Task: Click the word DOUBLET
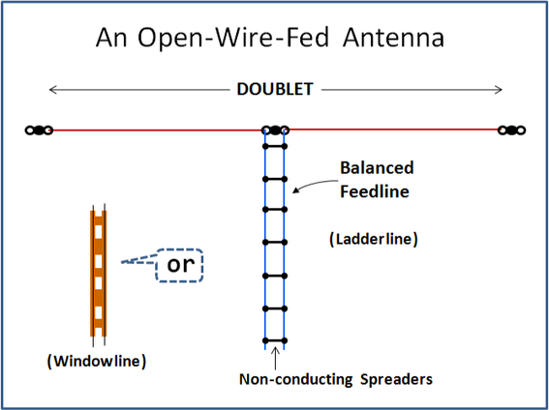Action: [x=275, y=89]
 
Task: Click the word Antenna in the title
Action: [x=393, y=38]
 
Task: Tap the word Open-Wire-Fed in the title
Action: [x=232, y=39]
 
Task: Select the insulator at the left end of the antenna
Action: [x=39, y=131]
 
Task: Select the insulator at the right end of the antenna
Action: [x=511, y=131]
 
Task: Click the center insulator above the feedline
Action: [x=275, y=131]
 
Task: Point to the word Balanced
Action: [x=377, y=168]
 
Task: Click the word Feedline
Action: [x=375, y=191]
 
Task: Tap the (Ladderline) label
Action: [x=374, y=239]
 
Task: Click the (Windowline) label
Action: [x=97, y=361]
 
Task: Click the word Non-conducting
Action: [x=296, y=379]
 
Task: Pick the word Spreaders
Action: [x=396, y=380]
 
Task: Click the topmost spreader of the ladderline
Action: [x=275, y=146]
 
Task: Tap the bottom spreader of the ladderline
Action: [x=275, y=340]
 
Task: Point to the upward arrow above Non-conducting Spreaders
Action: [x=276, y=358]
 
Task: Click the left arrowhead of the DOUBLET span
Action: [x=53, y=90]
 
